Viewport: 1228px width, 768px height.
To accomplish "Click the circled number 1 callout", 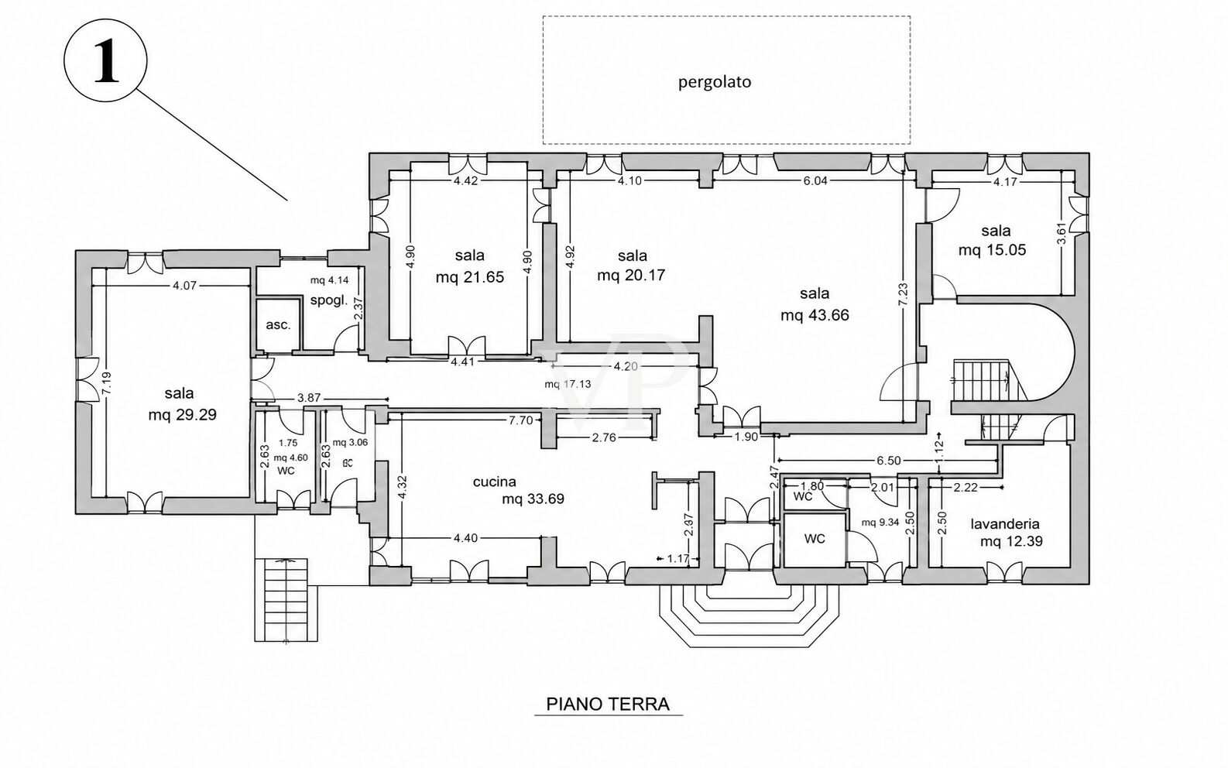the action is click(x=106, y=60).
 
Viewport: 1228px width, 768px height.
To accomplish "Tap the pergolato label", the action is click(x=715, y=83).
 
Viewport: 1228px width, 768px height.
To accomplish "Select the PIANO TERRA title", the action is click(x=608, y=705).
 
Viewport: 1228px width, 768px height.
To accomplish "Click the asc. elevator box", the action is click(x=279, y=324).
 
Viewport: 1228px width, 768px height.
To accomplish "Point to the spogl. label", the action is click(x=329, y=301).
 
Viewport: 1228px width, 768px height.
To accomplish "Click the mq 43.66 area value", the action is click(x=815, y=316).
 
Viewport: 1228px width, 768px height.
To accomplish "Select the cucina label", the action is click(x=495, y=482).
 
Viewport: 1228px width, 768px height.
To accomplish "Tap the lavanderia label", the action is click(x=1005, y=524).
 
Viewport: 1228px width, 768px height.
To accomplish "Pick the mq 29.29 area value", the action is click(x=182, y=415).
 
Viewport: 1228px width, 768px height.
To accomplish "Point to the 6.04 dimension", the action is click(x=815, y=181).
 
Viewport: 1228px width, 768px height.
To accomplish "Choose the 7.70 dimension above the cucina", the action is click(x=521, y=420).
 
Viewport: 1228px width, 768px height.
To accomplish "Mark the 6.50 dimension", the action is click(x=889, y=461).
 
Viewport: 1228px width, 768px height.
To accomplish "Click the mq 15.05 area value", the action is click(x=993, y=251).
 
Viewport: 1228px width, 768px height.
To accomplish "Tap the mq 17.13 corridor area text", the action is click(x=568, y=384).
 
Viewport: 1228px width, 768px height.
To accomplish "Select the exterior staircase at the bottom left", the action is click(x=286, y=600).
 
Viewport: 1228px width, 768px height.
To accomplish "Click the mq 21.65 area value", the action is click(x=470, y=277).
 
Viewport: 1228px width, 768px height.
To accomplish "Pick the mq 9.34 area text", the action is click(x=880, y=523).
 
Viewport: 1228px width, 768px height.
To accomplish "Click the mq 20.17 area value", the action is click(x=631, y=275).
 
